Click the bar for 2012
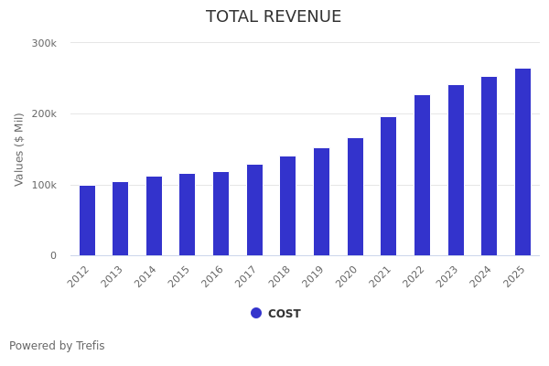[87, 221]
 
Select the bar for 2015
[188, 215]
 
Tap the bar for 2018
[288, 206]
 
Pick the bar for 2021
[389, 187]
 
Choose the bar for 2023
[456, 170]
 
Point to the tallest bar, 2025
[522, 162]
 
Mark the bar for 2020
[355, 197]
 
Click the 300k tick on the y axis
[44, 43]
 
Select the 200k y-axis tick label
[44, 114]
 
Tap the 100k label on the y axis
[44, 185]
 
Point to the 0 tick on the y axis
[53, 256]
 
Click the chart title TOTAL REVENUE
[274, 17]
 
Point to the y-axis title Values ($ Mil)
[19, 149]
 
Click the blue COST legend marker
[256, 313]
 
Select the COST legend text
[285, 314]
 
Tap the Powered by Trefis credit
[57, 346]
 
